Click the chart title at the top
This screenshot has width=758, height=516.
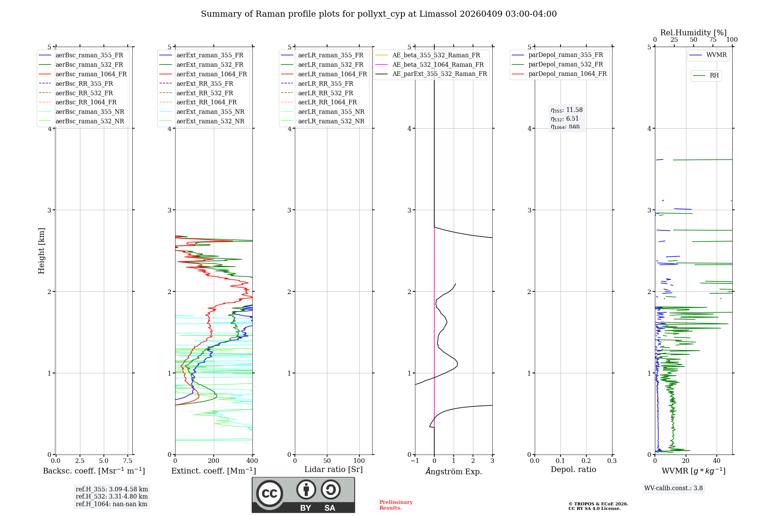[x=379, y=14]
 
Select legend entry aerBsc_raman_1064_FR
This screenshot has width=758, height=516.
[x=91, y=74]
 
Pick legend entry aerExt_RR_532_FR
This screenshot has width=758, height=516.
[x=205, y=93]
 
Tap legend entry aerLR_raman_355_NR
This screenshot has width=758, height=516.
[x=331, y=112]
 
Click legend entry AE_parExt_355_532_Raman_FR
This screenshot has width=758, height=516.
[x=439, y=74]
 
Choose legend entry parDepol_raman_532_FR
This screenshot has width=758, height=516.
[x=565, y=64]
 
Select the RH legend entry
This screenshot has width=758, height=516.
[x=714, y=76]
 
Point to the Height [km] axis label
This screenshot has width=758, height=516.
[x=41, y=251]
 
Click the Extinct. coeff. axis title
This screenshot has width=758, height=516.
[x=214, y=471]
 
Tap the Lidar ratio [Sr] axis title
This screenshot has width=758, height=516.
[x=334, y=469]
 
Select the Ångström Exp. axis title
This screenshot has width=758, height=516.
[x=454, y=472]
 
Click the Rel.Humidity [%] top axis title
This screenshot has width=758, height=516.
[x=693, y=33]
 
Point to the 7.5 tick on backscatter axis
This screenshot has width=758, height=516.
[x=128, y=461]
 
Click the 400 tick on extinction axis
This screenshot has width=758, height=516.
[x=252, y=461]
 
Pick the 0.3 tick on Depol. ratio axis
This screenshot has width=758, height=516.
[x=612, y=461]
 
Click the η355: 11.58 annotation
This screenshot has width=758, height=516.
[x=567, y=110]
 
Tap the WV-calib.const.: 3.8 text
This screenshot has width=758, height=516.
[x=673, y=488]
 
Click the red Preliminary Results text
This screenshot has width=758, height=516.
[x=396, y=505]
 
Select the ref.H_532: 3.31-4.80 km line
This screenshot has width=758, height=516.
[x=112, y=497]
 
